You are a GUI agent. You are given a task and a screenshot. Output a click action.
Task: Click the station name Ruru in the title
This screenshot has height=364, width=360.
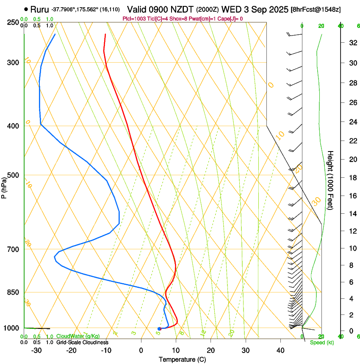click(39, 9)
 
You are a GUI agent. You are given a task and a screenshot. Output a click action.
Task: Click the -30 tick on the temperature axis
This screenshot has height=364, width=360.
click(36, 350)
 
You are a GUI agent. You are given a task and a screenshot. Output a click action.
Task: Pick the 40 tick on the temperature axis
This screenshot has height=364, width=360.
click(280, 350)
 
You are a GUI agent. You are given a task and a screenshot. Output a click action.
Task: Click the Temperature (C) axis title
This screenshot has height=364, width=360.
click(182, 359)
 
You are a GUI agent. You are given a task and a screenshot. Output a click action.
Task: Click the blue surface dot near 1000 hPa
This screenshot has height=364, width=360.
click(159, 329)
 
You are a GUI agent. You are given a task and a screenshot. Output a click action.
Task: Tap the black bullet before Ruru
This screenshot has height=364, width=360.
click(26, 9)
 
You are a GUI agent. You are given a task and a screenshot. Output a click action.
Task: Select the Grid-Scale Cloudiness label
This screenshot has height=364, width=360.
click(82, 342)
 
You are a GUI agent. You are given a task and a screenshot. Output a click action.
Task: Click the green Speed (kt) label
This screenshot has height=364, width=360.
click(321, 342)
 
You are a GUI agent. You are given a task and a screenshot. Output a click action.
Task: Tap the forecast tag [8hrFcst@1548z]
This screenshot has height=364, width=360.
click(316, 9)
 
